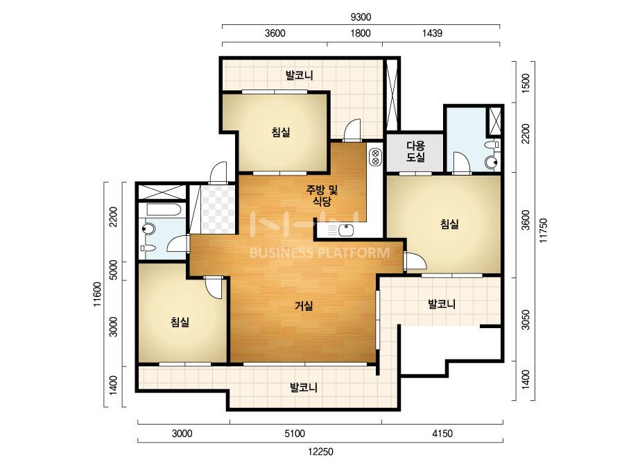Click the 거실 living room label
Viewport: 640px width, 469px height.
(x=304, y=306)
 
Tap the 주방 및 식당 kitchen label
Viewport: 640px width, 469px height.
(x=322, y=195)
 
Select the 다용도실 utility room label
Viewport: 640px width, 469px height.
(x=415, y=151)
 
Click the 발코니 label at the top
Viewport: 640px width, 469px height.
(x=299, y=75)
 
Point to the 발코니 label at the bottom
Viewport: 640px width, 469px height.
(x=304, y=387)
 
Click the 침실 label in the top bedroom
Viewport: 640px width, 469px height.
(x=281, y=132)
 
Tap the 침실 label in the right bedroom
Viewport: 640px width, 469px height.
(x=449, y=224)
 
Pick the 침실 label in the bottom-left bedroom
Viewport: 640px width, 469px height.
(x=180, y=323)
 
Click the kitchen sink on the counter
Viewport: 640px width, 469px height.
(x=346, y=231)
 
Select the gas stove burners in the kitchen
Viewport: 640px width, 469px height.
(x=375, y=157)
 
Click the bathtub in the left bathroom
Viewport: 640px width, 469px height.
(x=163, y=210)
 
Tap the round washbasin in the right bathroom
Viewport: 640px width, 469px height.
(x=491, y=162)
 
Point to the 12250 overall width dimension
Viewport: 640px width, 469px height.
(x=320, y=452)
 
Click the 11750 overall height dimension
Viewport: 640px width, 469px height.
(x=543, y=231)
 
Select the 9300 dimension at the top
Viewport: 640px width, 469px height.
(x=361, y=17)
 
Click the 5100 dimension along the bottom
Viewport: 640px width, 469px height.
(x=295, y=434)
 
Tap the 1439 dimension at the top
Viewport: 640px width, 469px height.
(x=432, y=33)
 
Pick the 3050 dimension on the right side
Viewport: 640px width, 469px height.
(x=526, y=320)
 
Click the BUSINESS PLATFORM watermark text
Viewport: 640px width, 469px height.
(x=320, y=253)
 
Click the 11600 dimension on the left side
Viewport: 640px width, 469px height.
(x=97, y=295)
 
